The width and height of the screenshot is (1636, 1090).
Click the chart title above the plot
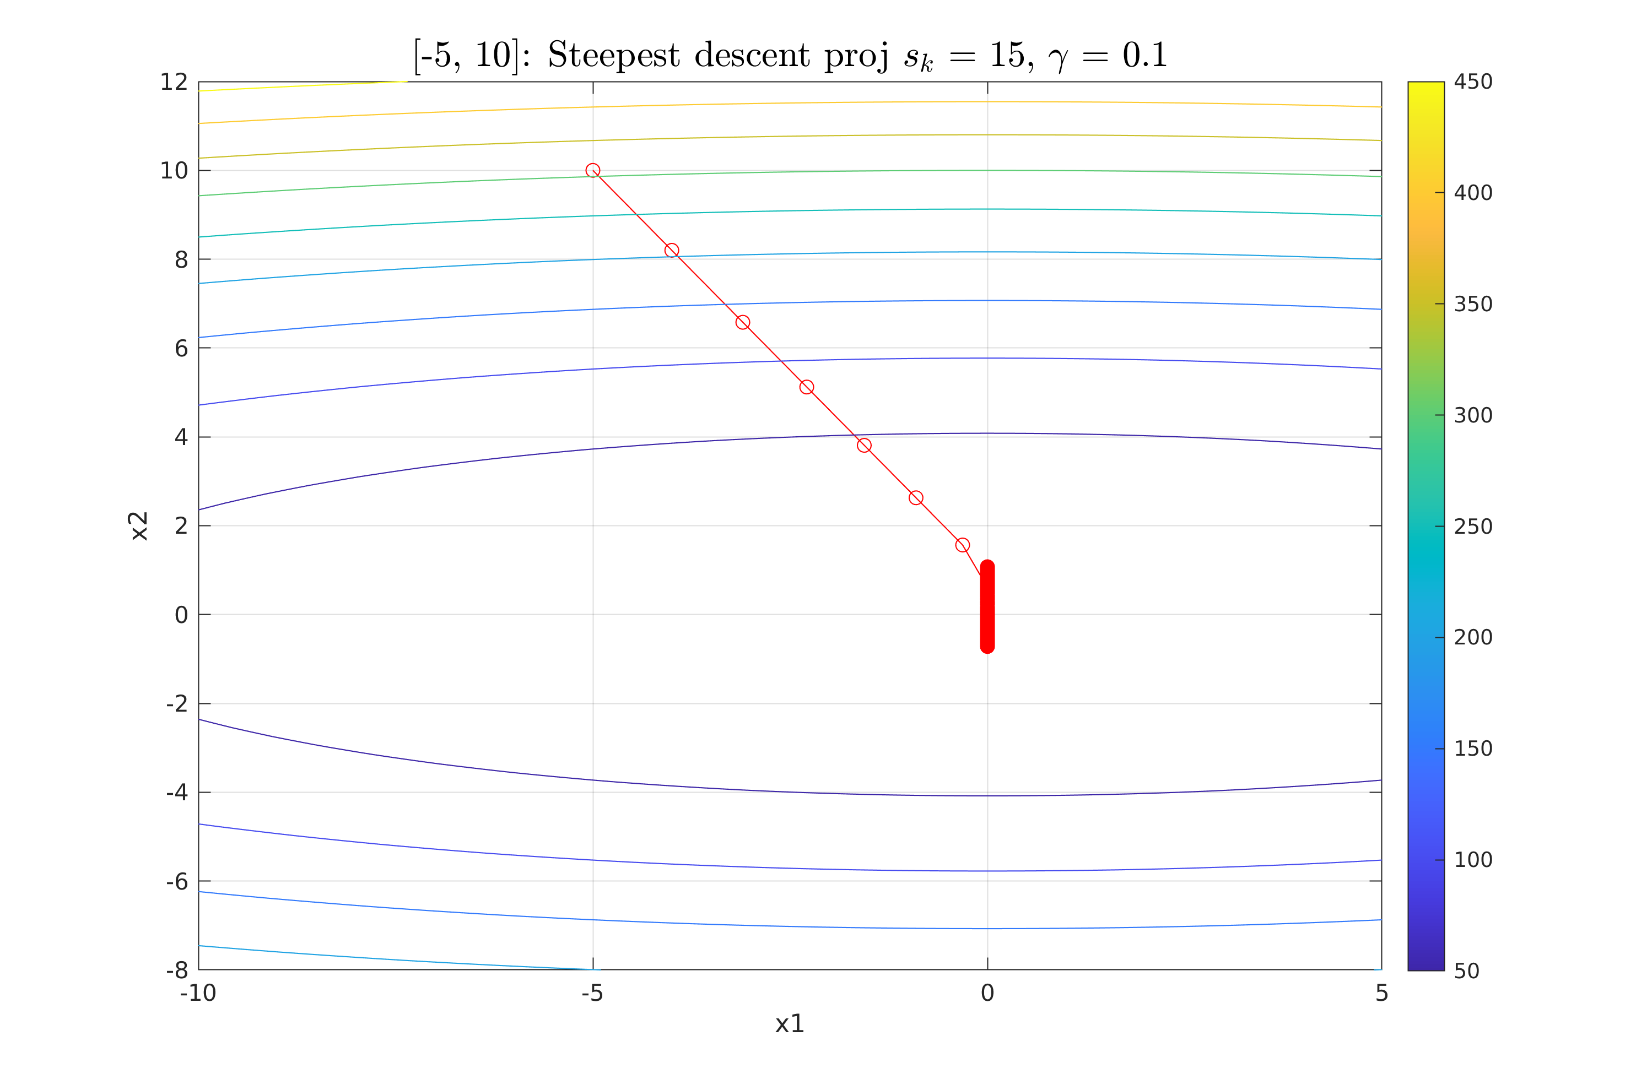coord(790,56)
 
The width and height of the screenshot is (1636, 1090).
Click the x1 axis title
coord(790,1024)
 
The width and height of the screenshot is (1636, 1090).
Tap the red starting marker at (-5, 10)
coord(592,170)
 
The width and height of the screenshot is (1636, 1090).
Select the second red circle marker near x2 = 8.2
coord(672,250)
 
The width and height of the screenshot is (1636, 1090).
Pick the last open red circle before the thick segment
coord(962,545)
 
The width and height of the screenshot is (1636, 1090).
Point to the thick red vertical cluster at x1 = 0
coord(987,607)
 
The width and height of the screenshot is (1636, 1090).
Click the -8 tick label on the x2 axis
coord(176,970)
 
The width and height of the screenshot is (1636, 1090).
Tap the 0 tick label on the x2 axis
coord(181,615)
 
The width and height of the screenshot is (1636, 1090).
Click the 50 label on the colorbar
coord(1467,971)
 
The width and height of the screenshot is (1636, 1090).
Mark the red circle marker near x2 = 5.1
coord(807,387)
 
